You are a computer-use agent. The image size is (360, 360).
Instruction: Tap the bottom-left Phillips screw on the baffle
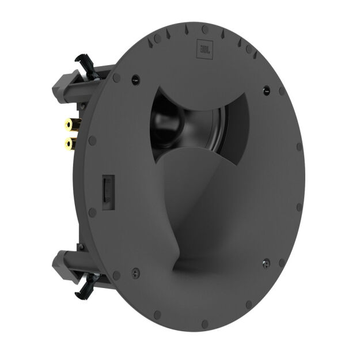[x=134, y=268]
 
